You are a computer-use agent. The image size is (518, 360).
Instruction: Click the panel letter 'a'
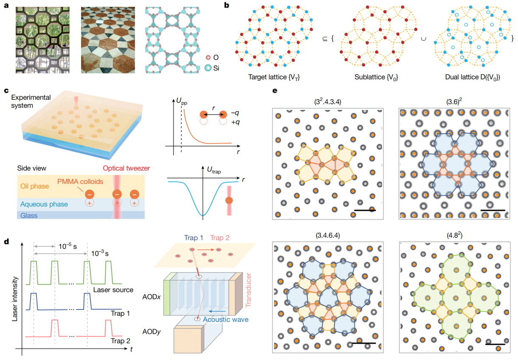6,5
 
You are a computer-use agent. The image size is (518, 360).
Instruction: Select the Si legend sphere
208,68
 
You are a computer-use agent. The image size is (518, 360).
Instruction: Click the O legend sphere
208,57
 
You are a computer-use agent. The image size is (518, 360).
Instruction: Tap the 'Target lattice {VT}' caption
274,77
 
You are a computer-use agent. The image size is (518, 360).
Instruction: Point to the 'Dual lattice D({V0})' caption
473,77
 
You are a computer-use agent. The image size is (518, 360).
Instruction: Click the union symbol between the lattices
423,39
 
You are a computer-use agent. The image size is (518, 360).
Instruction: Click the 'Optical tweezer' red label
126,168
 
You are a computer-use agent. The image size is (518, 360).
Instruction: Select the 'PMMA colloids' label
80,182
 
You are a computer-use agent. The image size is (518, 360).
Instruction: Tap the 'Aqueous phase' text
44,204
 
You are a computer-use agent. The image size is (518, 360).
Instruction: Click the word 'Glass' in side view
29,216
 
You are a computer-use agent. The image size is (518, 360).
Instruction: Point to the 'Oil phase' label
34,186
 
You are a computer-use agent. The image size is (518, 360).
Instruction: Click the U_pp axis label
182,101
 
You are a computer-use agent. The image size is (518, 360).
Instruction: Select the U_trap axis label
214,170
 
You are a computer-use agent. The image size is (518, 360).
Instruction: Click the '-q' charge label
235,113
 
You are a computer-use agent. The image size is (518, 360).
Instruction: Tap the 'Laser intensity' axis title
15,299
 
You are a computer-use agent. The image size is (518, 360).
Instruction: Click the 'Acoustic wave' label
225,320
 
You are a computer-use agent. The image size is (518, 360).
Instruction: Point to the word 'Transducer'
248,290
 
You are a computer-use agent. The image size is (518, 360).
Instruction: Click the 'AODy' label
151,332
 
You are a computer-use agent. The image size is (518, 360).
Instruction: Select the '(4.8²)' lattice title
454,235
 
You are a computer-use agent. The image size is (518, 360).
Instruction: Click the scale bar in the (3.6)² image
493,210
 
